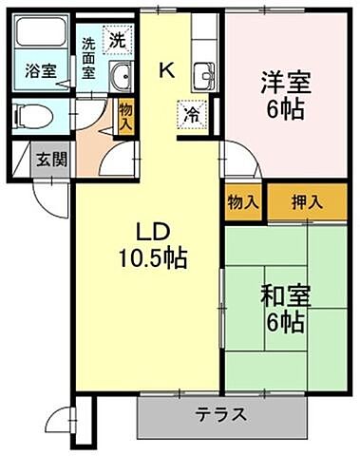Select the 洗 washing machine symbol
[116, 40]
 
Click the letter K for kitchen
[166, 68]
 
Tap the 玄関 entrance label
[51, 159]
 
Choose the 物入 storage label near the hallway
[126, 119]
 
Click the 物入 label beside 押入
[244, 201]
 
